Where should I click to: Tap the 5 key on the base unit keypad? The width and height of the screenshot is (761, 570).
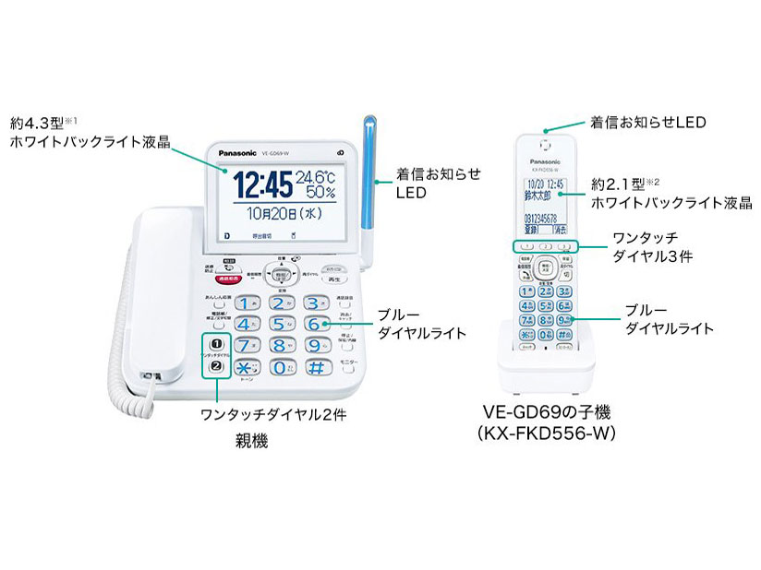280,325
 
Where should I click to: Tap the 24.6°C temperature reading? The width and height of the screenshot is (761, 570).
318,174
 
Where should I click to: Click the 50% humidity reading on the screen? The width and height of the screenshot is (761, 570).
320,193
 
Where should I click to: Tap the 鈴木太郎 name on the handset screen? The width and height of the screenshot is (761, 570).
537,196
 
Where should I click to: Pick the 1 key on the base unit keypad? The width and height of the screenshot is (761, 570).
245,303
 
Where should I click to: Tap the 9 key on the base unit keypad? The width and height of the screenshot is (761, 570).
314,347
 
